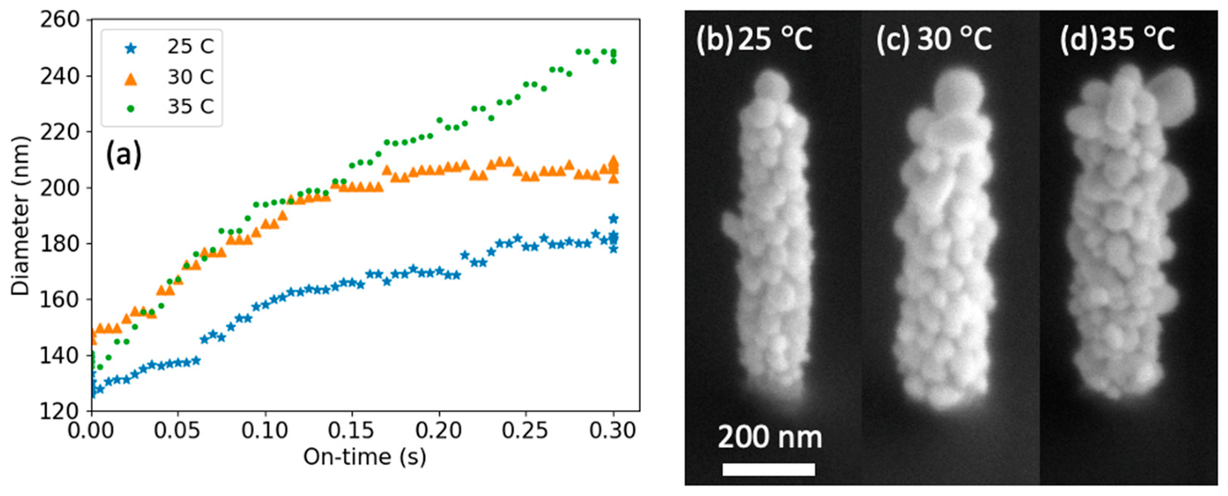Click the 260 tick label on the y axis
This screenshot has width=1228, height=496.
point(59,20)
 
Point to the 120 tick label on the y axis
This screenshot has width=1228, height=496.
point(59,411)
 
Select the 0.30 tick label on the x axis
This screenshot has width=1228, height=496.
point(612,431)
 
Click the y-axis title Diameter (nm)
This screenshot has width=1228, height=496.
point(20,216)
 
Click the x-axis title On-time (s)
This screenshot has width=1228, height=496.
point(365,457)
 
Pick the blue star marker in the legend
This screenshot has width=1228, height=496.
point(130,48)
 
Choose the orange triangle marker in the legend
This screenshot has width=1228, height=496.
point(130,79)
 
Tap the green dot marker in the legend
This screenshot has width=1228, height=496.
point(130,109)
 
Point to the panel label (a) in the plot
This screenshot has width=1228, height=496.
point(123,155)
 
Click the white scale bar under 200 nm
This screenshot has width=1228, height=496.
point(769,469)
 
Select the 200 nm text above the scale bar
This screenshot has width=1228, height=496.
point(769,437)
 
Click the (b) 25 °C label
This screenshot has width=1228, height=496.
point(754,39)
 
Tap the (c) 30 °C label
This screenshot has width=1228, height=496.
point(934,39)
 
